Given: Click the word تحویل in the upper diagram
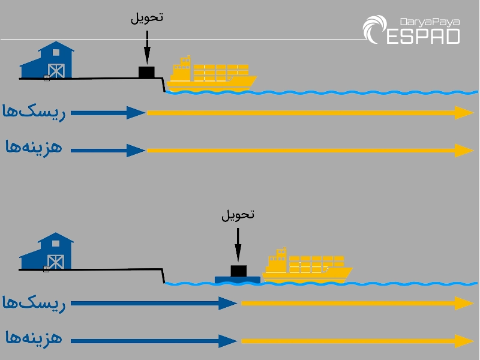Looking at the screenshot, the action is coord(147,17).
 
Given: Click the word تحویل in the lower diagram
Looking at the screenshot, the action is coord(238,215).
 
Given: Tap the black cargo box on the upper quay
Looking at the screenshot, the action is coord(146,72).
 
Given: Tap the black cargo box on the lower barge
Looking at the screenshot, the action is coord(239,271).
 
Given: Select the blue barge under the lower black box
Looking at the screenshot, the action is coord(238,280).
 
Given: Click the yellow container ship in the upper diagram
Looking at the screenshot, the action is coord(211,74).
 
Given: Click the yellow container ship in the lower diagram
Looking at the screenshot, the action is coord(307,266).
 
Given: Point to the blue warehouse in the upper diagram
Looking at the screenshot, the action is coord(47,61).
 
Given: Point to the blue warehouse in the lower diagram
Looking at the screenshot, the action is coord(47,251).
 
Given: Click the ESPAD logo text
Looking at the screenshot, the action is coord(423,37).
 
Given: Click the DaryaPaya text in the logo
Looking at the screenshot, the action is coord(430,22).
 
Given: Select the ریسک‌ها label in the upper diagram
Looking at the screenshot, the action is coord(34,112).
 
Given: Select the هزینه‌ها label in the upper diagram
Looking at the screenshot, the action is coord(34,147).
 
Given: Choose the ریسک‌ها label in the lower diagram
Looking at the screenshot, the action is coord(34,304).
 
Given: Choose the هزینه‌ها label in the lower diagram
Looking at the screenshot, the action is coord(34,338).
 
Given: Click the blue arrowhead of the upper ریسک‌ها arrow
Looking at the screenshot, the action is coord(136,113).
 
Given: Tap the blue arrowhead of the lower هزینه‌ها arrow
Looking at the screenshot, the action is coord(228,341).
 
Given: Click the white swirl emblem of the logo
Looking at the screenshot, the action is coord(374,29).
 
